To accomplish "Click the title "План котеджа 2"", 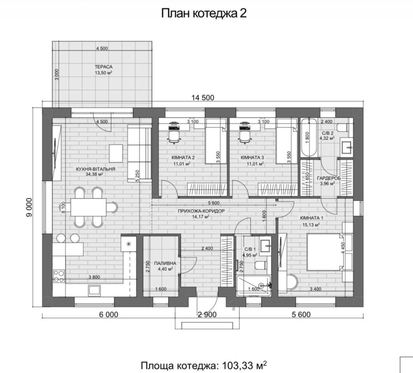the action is click(204, 14).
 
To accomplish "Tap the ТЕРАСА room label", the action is click(104, 67).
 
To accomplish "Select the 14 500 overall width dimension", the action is click(203, 98).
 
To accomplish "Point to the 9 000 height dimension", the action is click(29, 207).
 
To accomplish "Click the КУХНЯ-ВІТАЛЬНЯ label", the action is click(95, 169).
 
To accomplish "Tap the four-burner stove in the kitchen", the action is click(59, 276).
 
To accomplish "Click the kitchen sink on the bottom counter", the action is click(94, 290).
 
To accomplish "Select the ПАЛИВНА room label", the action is click(165, 263).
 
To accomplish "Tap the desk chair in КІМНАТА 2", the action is click(174, 136).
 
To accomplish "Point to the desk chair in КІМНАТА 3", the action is click(245, 136).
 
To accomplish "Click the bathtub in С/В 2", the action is click(309, 137).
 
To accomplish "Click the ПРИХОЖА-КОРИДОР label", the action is click(201, 211).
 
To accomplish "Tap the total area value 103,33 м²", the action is click(244, 366).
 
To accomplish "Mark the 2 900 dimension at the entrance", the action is click(207, 314).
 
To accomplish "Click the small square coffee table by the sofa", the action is click(116, 153).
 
